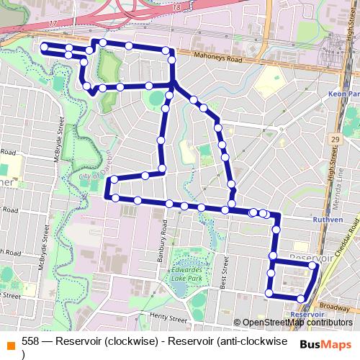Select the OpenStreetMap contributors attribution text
(x=297, y=322)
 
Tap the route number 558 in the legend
(x=30, y=341)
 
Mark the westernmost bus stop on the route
(x=45, y=48)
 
